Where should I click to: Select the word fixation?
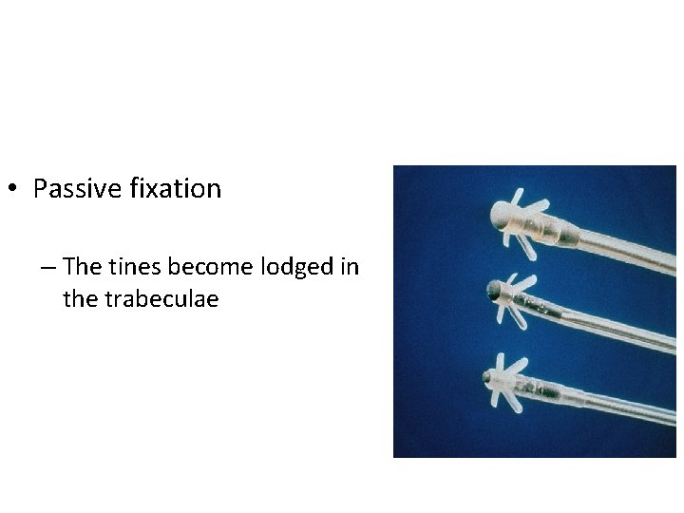[x=175, y=189]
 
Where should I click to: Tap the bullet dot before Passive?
[x=13, y=190]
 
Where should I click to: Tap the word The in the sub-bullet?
[x=83, y=268]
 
